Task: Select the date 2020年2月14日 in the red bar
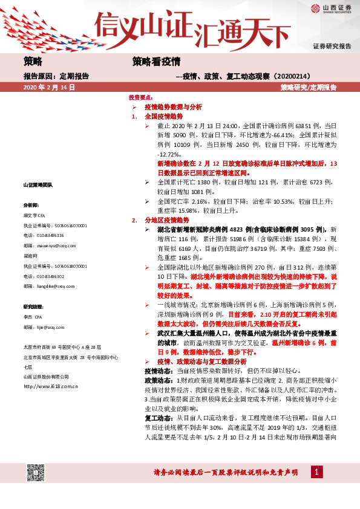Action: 48,88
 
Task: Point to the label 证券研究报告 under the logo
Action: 332,46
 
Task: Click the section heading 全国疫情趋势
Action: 163,115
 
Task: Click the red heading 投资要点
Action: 140,97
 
